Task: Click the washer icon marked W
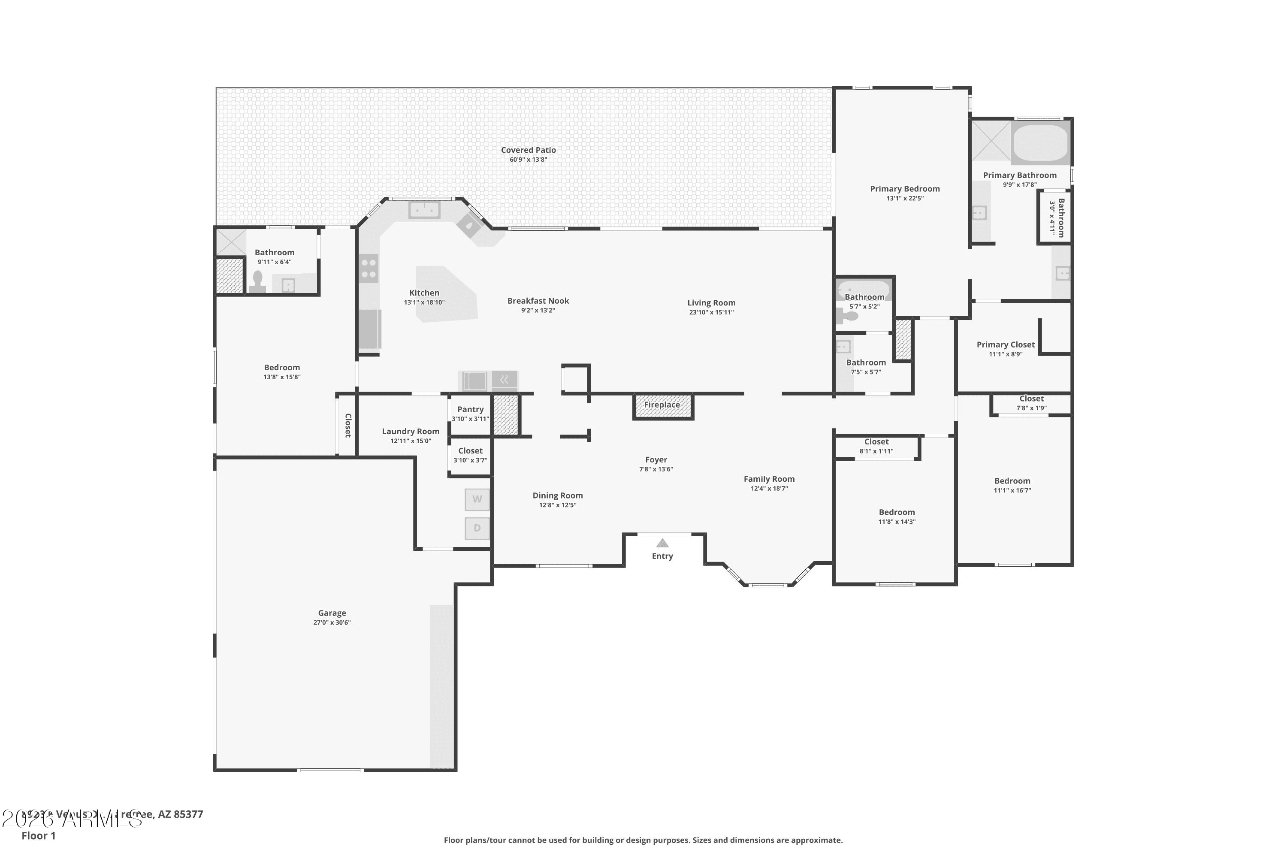[477, 499]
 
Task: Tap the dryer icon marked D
[477, 529]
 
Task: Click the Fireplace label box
[662, 405]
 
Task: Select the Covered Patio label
[528, 150]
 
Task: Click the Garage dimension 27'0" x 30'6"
[332, 623]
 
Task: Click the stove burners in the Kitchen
[369, 269]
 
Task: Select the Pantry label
[470, 409]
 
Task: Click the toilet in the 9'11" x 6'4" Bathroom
[257, 281]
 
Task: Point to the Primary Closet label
[1005, 345]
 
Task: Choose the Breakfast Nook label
[538, 301]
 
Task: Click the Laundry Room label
[411, 432]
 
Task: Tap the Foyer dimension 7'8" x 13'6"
[656, 469]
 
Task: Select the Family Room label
[769, 479]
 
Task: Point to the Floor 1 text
[38, 836]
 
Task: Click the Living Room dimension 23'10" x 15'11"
[711, 312]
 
